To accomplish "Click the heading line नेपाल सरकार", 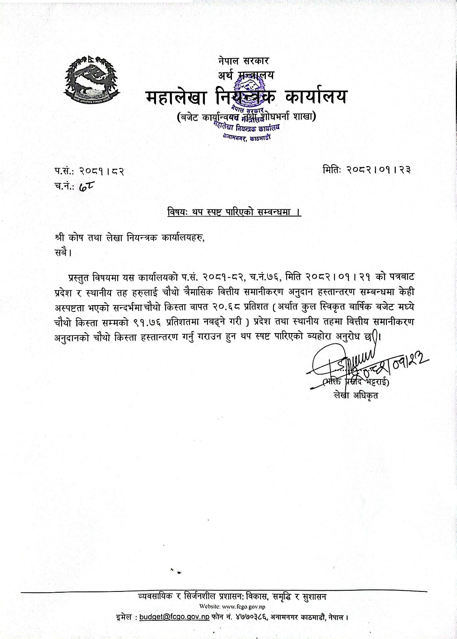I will pos(243,61).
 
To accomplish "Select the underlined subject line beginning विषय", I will pos(234,212).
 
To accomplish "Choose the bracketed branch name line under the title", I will pos(246,117).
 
